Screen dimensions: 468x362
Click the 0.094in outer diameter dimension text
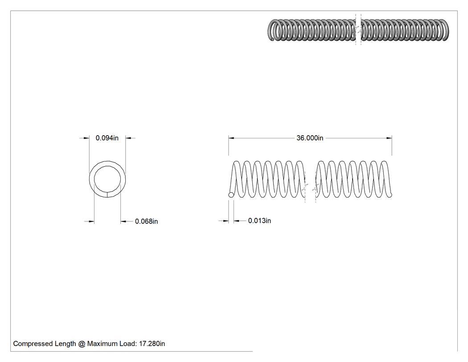click(x=107, y=138)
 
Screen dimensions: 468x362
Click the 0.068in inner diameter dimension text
click(x=146, y=221)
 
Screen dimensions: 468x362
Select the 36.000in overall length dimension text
click(x=310, y=138)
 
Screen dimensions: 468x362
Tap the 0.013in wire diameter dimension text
click(x=259, y=221)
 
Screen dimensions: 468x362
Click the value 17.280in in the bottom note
click(x=152, y=344)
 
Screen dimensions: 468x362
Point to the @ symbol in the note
click(x=82, y=344)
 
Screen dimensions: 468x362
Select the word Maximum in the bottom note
click(x=101, y=344)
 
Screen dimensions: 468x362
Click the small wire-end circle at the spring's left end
click(x=231, y=195)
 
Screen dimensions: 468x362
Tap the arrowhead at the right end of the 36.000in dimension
click(x=389, y=138)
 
